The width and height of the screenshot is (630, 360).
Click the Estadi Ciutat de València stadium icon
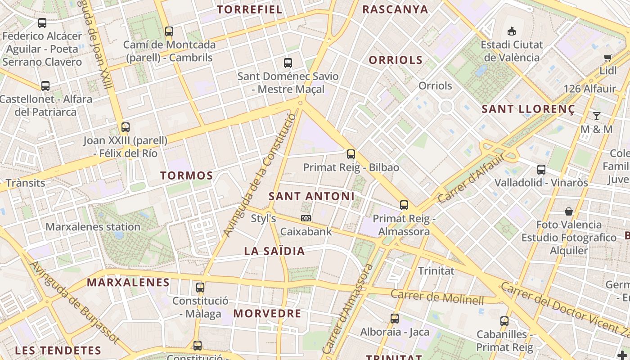pos(511,31)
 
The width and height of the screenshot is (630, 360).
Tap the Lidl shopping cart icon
pos(607,58)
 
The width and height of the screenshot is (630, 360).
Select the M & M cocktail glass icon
pos(596,116)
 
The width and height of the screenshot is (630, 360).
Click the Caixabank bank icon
pos(306,218)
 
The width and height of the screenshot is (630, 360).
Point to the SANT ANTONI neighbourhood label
pos(311,196)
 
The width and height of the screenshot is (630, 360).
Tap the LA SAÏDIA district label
pos(274,251)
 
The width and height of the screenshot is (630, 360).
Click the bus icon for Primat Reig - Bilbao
pos(351,154)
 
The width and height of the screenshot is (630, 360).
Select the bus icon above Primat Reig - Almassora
pos(404,205)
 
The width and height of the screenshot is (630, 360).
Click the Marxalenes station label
pos(93,227)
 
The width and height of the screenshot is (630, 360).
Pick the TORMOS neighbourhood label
pos(187,175)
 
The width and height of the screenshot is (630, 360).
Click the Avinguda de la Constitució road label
pos(260,175)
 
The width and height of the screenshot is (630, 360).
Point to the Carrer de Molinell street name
pos(437,297)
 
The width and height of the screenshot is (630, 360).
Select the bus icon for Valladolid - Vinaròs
pos(541,170)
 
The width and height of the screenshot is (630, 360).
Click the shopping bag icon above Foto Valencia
pos(569,211)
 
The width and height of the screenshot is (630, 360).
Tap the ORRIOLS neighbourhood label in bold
pos(396,60)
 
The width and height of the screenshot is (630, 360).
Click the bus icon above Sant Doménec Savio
pos(288,63)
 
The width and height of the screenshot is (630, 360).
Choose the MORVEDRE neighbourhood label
pos(267,314)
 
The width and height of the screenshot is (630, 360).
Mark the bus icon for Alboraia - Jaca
pos(395,319)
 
